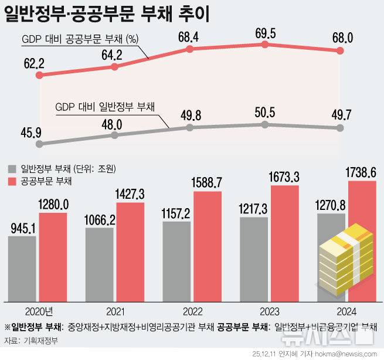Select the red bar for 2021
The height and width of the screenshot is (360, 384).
[x=130, y=252]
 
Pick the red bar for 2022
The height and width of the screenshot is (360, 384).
[x=208, y=246]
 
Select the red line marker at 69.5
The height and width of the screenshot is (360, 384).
[x=266, y=45]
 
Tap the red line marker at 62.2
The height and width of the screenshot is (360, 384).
[x=39, y=76]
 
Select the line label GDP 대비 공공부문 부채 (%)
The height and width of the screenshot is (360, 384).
[x=80, y=40]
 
